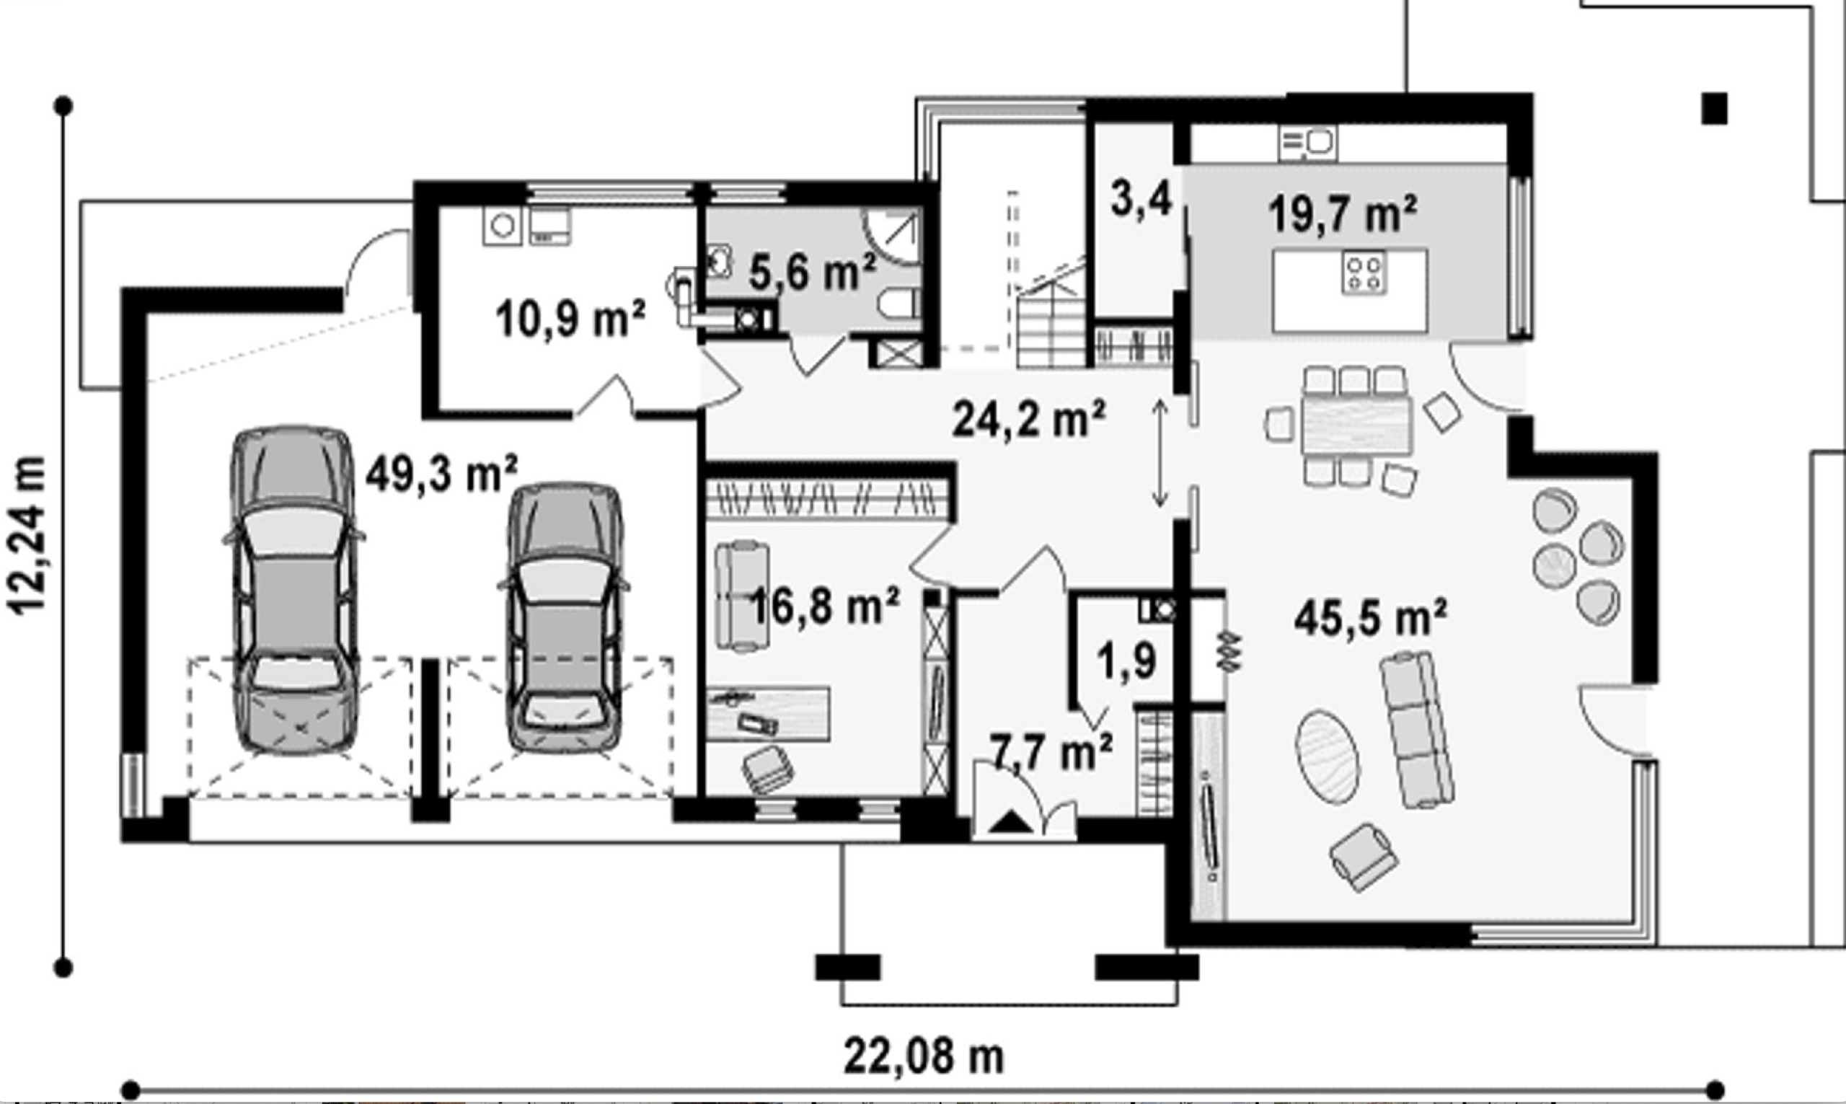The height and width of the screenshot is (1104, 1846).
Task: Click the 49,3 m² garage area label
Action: (441, 474)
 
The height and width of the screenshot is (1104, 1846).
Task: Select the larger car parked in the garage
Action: (293, 590)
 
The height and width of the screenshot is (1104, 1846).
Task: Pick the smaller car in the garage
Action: (564, 617)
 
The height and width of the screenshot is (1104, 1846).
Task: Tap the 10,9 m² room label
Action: (570, 319)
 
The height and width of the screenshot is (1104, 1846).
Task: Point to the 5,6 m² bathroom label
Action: (812, 272)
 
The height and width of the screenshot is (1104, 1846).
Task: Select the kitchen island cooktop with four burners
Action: (1364, 273)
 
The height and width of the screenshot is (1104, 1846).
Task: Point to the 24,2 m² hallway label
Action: (1028, 420)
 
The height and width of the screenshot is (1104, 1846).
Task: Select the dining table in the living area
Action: (1357, 425)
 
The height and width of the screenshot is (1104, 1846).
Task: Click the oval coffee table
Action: (1327, 756)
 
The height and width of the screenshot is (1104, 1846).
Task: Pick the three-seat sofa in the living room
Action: (1418, 729)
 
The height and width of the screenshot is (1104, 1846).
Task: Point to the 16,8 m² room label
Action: (824, 606)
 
